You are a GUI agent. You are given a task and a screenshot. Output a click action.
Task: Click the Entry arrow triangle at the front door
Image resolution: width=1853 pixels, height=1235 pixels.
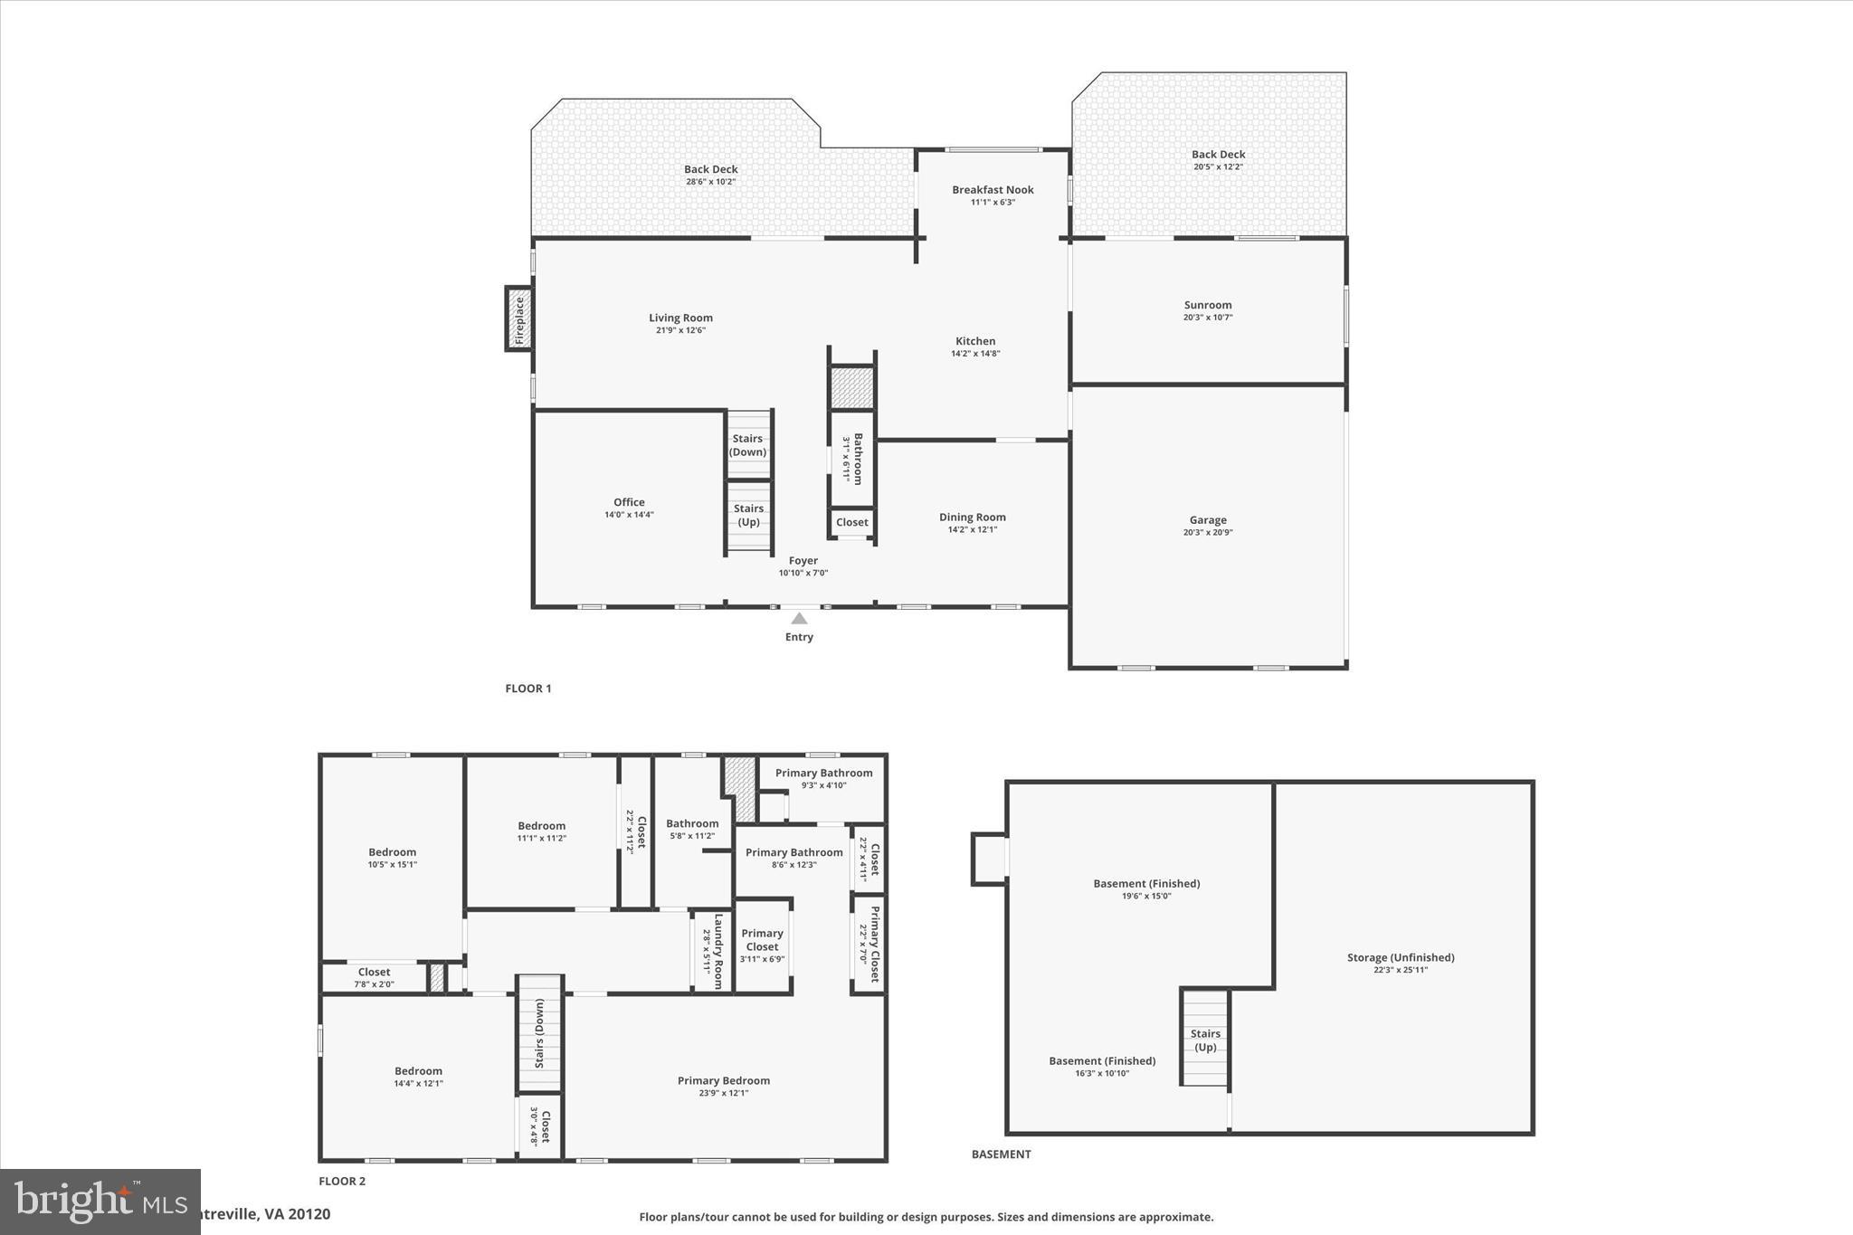(799, 619)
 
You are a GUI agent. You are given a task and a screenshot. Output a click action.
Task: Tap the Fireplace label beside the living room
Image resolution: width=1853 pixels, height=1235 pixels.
(519, 319)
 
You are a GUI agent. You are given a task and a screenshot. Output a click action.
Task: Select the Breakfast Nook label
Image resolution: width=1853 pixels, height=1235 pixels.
(993, 190)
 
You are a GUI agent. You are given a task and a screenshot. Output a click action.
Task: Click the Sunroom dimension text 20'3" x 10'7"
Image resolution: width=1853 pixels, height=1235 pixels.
(1208, 318)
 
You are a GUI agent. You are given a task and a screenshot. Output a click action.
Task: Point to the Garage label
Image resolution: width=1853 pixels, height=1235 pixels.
(1208, 520)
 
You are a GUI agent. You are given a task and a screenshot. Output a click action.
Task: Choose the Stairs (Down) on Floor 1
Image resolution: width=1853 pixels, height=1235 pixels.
(748, 445)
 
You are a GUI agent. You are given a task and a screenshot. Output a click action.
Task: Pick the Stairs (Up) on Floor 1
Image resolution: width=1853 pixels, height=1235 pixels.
(748, 515)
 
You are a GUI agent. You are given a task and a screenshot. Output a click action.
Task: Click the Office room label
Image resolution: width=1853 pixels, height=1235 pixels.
(629, 502)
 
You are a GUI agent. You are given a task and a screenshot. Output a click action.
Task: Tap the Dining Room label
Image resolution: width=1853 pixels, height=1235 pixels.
(972, 518)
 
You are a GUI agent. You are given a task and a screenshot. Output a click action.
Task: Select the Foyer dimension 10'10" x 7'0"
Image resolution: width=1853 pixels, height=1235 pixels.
(803, 573)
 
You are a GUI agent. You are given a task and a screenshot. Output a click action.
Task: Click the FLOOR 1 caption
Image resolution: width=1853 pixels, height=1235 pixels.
(527, 689)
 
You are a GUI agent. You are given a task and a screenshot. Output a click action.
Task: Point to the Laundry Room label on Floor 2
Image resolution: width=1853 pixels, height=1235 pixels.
(718, 951)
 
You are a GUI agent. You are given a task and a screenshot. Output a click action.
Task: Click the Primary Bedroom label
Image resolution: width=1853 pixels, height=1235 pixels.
(723, 1080)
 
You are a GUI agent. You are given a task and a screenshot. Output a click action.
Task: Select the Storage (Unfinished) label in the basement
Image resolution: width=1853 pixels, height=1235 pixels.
(1400, 957)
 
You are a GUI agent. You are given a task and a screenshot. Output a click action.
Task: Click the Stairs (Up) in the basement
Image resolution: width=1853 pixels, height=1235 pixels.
(1205, 1040)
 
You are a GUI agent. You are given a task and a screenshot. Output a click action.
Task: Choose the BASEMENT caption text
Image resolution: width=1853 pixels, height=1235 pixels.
(1001, 1154)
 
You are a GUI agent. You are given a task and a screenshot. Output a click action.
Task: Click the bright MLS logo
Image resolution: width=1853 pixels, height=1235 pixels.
(100, 1202)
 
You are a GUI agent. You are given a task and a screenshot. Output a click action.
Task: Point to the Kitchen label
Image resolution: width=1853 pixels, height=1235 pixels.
(975, 341)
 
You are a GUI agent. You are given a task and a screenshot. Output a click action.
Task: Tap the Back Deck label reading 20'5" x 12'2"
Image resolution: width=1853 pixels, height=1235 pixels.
(1218, 160)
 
